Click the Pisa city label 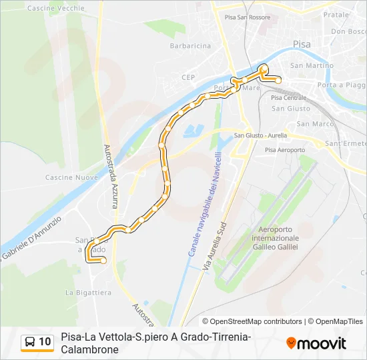[302, 44]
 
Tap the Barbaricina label [190, 46]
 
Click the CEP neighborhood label [189, 77]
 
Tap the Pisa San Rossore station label [248, 18]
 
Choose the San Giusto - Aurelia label [260, 136]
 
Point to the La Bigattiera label [88, 292]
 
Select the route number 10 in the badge [45, 342]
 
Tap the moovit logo [316, 343]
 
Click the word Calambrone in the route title [89, 349]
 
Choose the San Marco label [315, 124]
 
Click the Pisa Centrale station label [288, 98]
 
